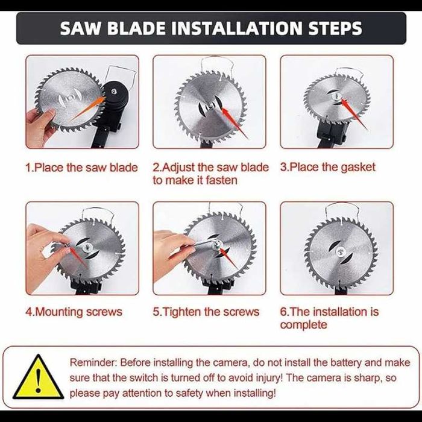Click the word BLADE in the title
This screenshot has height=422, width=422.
[x=136, y=28]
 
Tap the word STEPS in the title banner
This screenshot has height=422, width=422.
[x=335, y=28]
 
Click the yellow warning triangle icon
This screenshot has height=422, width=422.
[x=39, y=377]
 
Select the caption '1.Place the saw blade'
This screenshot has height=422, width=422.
[x=81, y=168]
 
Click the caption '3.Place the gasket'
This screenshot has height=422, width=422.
[x=327, y=167]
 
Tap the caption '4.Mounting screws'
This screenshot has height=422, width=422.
[x=74, y=312]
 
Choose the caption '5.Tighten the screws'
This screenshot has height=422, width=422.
[x=206, y=312]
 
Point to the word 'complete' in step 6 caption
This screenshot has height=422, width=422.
[x=303, y=325]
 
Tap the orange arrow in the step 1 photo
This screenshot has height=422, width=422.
[x=87, y=109]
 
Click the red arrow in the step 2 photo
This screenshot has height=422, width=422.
[x=235, y=122]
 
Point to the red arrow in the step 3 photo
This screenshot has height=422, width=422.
[x=354, y=114]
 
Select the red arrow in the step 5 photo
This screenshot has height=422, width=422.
[x=229, y=259]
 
